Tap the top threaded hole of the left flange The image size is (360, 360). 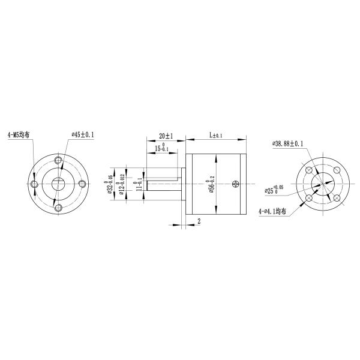click(x=58, y=160)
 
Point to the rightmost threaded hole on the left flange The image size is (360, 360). click(x=81, y=184)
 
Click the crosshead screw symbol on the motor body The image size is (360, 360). click(x=239, y=184)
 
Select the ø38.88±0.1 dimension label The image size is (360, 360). click(x=287, y=143)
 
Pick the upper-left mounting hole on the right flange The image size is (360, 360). click(x=310, y=170)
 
